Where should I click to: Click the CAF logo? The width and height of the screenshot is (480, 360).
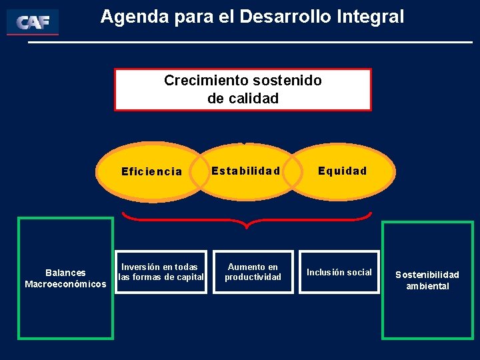click(x=33, y=22)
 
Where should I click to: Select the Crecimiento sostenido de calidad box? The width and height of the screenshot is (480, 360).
click(x=243, y=89)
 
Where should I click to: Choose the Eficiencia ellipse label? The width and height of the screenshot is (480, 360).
click(x=151, y=171)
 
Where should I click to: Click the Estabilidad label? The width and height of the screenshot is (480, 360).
click(x=245, y=171)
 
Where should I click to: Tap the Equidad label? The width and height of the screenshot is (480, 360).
click(x=342, y=171)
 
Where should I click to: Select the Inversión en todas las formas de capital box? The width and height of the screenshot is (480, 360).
click(x=161, y=272)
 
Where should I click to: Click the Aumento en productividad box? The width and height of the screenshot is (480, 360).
click(x=253, y=272)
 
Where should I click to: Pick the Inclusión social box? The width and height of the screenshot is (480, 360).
click(x=339, y=272)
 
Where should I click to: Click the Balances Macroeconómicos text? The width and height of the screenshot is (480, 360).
click(x=65, y=279)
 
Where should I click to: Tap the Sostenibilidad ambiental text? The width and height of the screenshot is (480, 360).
click(x=427, y=280)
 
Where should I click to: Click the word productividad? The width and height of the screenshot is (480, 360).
click(x=253, y=277)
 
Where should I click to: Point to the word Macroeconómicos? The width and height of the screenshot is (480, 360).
click(x=65, y=285)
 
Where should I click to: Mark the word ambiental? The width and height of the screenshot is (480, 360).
click(x=427, y=286)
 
